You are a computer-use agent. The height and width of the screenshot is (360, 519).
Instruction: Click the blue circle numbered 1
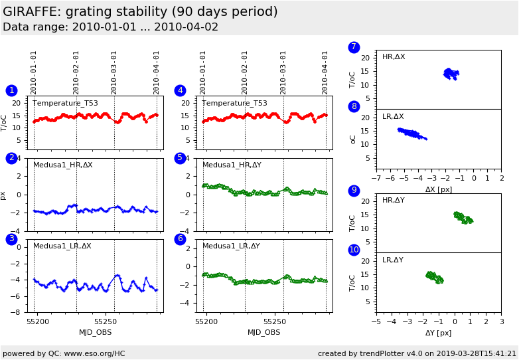tap(11, 91)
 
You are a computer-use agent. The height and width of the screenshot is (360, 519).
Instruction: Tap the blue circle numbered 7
tap(354, 47)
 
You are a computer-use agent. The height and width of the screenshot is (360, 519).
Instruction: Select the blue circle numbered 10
tap(354, 250)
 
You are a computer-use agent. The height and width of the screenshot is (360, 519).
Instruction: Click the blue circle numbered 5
tap(180, 158)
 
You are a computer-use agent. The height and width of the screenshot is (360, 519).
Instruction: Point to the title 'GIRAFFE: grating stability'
tap(140, 12)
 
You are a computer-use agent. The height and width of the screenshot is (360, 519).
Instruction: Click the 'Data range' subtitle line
tap(110, 27)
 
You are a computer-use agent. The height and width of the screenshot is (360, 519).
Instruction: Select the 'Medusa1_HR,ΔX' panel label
tap(63, 165)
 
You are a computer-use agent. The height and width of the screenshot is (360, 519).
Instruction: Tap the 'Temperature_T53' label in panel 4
tap(234, 104)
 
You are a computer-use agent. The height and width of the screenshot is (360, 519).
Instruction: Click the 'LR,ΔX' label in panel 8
tap(393, 117)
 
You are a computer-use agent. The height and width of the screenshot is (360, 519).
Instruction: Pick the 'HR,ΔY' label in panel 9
tap(393, 201)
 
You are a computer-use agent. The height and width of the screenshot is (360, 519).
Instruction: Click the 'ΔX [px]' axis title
tap(439, 189)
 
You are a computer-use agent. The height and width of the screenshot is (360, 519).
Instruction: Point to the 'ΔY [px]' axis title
tap(439, 333)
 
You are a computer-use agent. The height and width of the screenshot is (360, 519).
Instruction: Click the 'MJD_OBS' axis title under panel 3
tap(96, 332)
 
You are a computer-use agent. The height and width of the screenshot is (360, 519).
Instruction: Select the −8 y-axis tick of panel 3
tap(19, 312)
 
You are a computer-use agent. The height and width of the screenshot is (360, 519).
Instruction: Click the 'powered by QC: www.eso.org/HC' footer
tap(64, 353)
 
